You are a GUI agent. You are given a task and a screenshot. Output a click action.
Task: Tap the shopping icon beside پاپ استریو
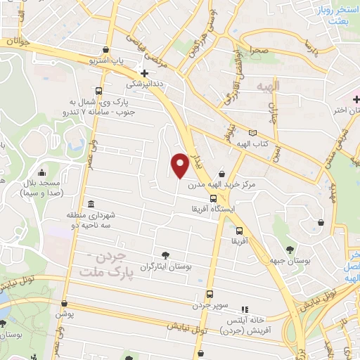tap(106, 50)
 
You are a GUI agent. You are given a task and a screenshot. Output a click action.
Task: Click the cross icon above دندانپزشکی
tap(144, 72)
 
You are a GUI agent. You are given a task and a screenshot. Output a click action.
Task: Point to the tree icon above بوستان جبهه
tap(290, 249)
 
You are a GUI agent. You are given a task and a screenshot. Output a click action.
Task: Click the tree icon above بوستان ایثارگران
tap(165, 255)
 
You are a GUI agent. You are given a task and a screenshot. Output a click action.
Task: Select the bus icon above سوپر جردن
tap(209, 295)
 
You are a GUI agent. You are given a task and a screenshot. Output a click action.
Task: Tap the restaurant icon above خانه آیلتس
tap(245, 309)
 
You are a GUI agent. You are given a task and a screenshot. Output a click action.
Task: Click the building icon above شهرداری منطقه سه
tap(89, 202)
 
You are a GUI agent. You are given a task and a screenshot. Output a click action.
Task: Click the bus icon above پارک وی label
tap(98, 91)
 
